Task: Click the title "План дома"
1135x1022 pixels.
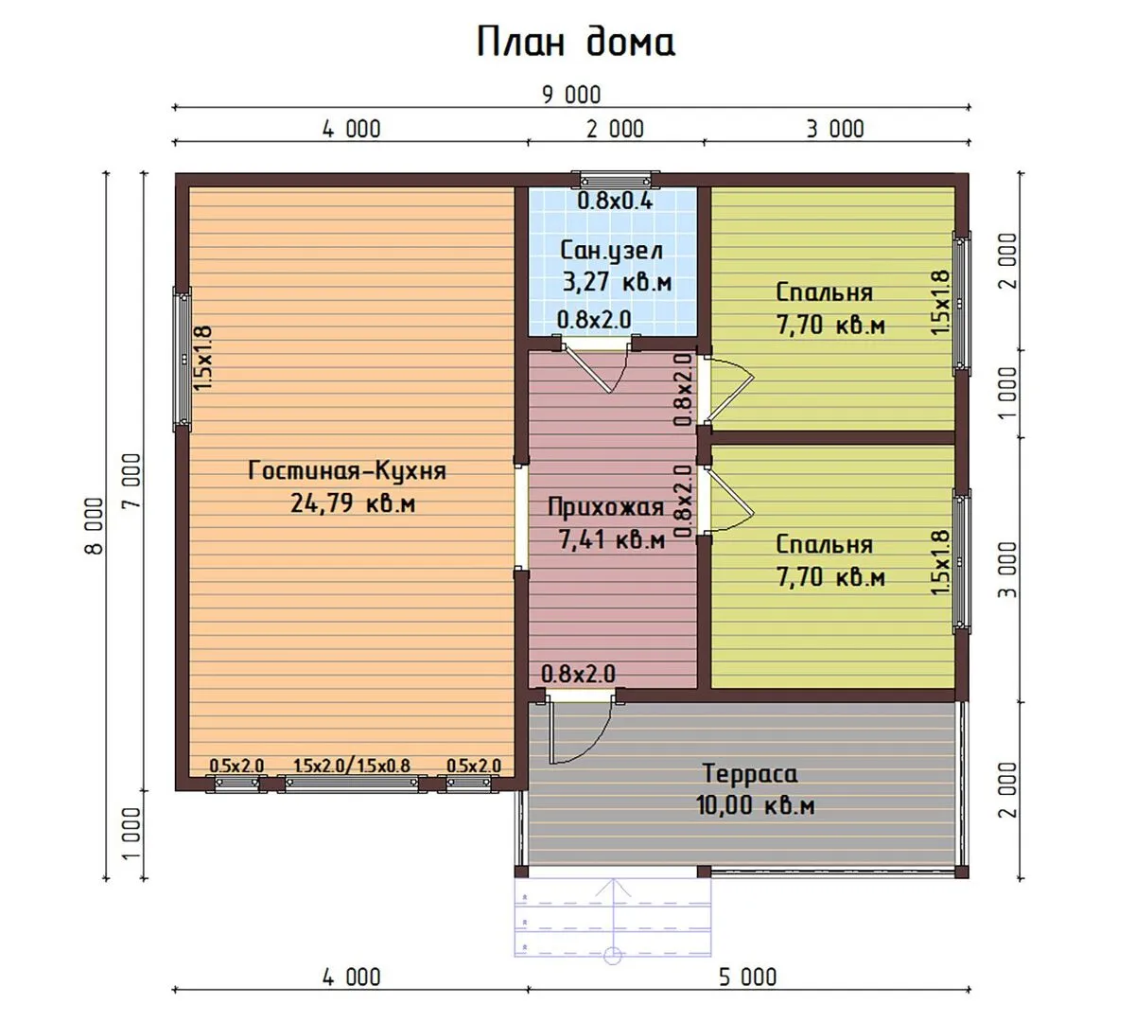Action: tap(576, 42)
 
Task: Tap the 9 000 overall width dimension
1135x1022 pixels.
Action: tap(571, 95)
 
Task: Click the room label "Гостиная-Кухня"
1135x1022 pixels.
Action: tap(347, 471)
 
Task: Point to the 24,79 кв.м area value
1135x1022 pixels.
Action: tap(353, 502)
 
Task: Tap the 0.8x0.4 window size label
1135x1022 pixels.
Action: tap(615, 201)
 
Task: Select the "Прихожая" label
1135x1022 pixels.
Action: tap(605, 507)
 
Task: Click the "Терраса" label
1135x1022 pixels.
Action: tap(750, 773)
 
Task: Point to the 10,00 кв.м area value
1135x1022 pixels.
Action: tap(756, 805)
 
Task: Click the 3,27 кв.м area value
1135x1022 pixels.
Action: tap(618, 281)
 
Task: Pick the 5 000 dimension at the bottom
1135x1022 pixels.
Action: tap(747, 978)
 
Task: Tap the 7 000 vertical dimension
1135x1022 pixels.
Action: tap(131, 481)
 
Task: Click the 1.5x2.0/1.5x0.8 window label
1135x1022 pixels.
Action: tap(351, 766)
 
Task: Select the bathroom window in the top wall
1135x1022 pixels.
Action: tap(615, 180)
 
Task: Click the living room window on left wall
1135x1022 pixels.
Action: tap(183, 359)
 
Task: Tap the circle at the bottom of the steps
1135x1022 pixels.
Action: tap(613, 956)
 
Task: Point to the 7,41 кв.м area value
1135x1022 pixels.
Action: tap(612, 539)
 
